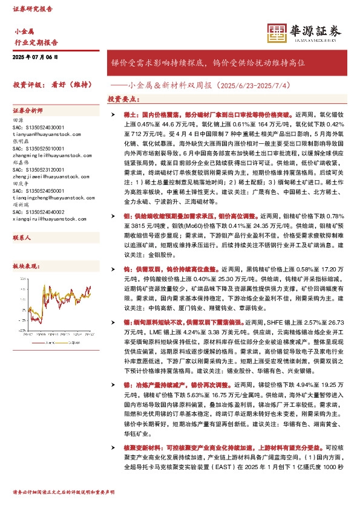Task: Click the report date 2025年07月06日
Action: (x=34, y=57)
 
